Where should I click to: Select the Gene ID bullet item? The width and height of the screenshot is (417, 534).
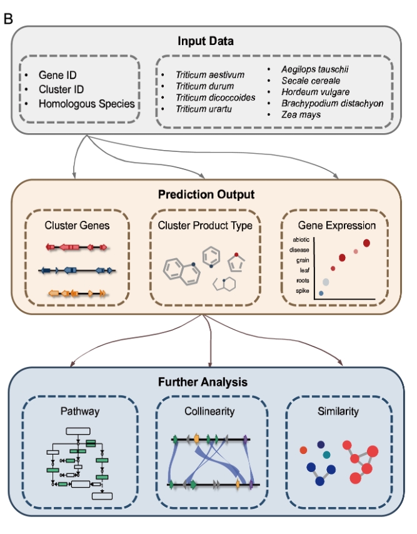click(x=58, y=75)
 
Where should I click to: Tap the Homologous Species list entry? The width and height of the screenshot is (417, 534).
click(x=87, y=103)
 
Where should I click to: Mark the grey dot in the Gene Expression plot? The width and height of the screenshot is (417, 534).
click(x=326, y=281)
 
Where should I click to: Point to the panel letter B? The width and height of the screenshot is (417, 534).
click(x=8, y=18)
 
